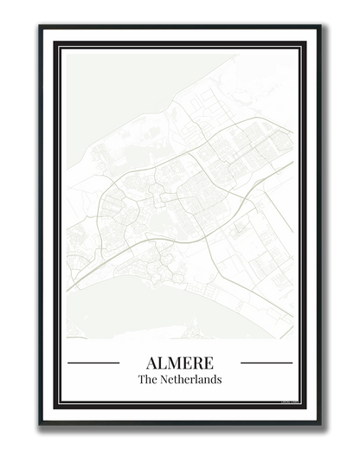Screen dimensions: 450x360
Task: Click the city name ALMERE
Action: point(180,363)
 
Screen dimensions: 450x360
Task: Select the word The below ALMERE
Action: point(149,380)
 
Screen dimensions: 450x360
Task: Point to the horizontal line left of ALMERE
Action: point(93,363)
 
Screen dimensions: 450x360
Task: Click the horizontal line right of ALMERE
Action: point(267,363)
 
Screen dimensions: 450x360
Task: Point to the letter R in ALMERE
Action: point(197,363)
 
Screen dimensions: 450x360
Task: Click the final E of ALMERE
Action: point(209,363)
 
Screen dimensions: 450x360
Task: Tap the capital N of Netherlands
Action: point(167,380)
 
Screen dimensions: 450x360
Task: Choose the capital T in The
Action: point(142,380)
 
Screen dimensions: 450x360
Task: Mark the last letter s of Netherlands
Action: point(219,380)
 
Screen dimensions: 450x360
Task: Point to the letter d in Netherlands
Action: point(214,380)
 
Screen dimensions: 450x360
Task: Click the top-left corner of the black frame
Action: point(42,27)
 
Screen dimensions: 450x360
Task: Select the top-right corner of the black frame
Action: point(318,27)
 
